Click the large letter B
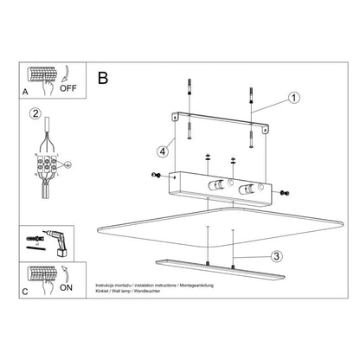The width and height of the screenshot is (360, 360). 104,78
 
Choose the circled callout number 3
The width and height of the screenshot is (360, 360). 275,255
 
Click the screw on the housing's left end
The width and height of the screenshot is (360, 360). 156,176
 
